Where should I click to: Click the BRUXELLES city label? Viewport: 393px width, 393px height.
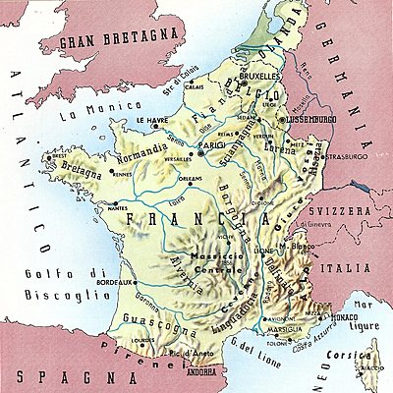tap(252, 73)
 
